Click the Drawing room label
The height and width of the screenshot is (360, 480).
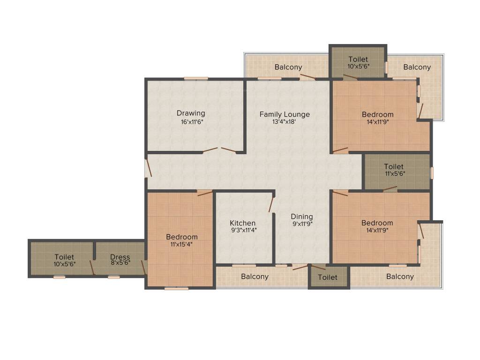click(191, 113)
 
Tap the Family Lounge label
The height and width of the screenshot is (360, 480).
click(285, 114)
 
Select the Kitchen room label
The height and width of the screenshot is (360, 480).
click(243, 223)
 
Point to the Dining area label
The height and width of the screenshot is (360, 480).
click(301, 216)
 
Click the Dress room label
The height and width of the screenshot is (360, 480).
click(120, 257)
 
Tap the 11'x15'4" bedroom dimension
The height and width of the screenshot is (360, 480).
click(182, 244)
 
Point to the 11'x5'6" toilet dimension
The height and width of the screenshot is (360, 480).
click(394, 173)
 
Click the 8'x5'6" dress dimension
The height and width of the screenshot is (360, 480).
click(120, 264)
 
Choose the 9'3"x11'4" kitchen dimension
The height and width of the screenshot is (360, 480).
click(243, 230)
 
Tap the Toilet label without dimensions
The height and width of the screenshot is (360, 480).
click(327, 277)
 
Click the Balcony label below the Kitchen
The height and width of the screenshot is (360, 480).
click(255, 277)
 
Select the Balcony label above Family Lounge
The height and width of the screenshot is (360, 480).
click(288, 67)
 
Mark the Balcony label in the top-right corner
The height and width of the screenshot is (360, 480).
click(417, 67)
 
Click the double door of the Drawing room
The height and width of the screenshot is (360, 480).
click(219, 150)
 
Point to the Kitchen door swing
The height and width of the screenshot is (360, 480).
click(271, 204)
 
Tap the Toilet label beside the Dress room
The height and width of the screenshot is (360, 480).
click(64, 257)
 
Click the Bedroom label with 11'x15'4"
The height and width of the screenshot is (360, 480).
click(182, 237)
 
